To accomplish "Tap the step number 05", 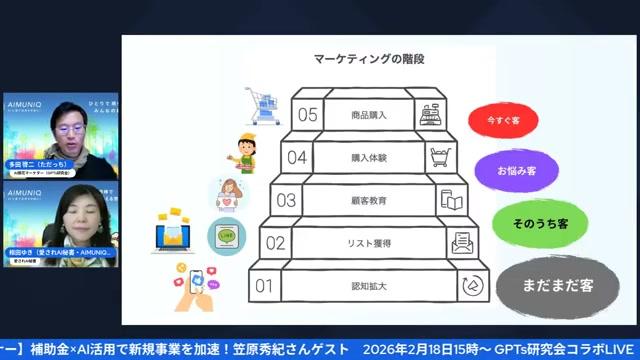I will tap(308, 114).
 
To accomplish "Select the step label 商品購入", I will tap(369, 115).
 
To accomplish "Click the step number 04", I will tap(297, 157).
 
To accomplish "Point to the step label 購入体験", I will tap(369, 157).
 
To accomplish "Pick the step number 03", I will tap(287, 200).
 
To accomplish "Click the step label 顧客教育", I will tap(369, 200).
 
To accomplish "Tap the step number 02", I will tap(276, 243).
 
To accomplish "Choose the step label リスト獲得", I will tap(369, 243).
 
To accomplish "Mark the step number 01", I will tap(265, 286).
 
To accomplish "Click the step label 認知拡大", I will tap(369, 286).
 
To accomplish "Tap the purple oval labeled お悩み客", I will tap(517, 170).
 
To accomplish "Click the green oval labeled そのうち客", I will tap(526, 223).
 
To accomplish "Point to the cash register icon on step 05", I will tap(431, 114).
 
